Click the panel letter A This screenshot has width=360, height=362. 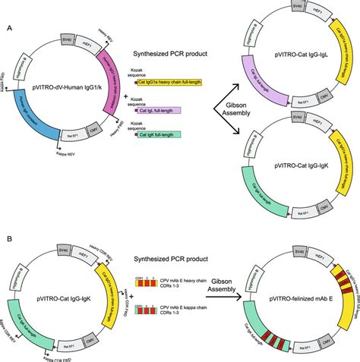click(x=8, y=27)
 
